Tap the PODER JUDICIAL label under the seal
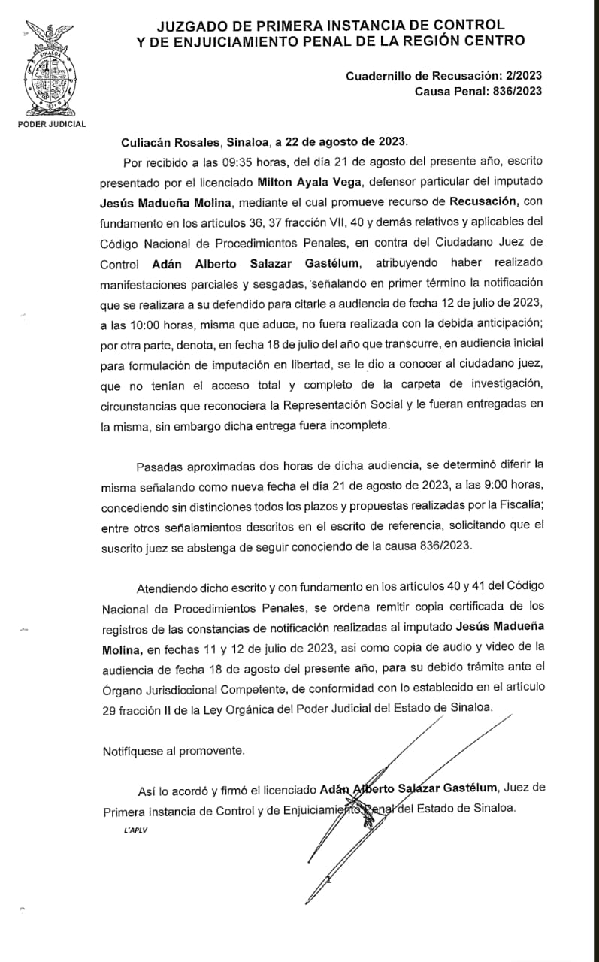[52, 124]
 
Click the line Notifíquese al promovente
[174, 750]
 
